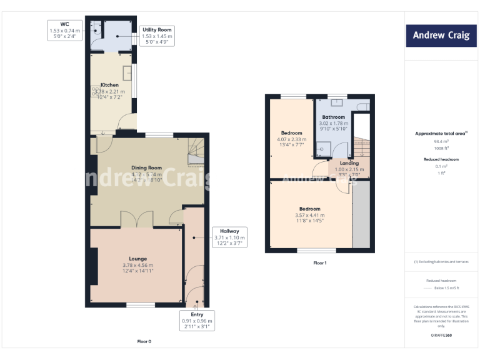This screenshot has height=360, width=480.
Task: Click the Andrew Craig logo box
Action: pos(441,35)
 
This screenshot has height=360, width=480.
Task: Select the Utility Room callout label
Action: pos(157,36)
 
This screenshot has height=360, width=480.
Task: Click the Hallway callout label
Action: pos(229,234)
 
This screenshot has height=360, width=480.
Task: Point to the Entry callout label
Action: pos(196,319)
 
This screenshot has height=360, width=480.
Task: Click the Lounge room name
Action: pos(138,258)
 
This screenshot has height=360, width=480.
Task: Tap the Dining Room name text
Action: pos(146,167)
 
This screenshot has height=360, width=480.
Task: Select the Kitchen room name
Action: pos(109,85)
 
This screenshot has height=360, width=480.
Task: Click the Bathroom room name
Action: pos(333,117)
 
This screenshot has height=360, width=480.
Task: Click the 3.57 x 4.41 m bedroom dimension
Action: pos(309,215)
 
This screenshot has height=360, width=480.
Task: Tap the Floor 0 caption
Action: pos(144,341)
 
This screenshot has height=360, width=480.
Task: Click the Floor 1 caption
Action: pos(319,263)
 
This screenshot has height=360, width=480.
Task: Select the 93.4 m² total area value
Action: pos(441,141)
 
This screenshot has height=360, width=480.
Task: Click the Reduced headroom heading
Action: pos(441,159)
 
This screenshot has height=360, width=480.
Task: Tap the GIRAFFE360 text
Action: pos(441,336)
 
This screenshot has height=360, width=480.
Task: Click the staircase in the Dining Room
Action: pos(197,152)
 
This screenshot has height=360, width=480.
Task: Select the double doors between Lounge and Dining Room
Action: pos(137,220)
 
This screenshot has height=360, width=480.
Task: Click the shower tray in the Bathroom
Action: pos(323,147)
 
